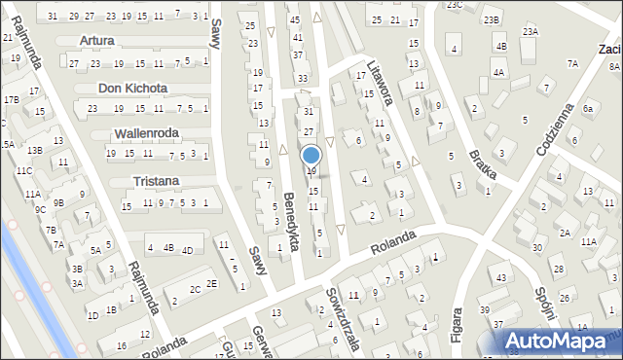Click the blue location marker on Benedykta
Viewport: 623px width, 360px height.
[x=311, y=155]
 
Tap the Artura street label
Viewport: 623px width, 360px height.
[x=97, y=41]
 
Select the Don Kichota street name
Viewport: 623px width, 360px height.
[x=127, y=88]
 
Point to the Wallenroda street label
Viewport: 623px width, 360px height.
[x=147, y=132]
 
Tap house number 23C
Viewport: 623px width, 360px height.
[x=455, y=5]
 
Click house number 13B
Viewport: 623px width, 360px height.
[x=34, y=150]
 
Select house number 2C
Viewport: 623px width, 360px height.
[x=195, y=289]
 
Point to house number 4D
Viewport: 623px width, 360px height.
[x=187, y=250]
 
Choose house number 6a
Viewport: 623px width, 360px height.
[x=588, y=109]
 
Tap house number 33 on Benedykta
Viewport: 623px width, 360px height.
[x=303, y=78]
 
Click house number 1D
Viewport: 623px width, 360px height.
[x=92, y=315]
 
